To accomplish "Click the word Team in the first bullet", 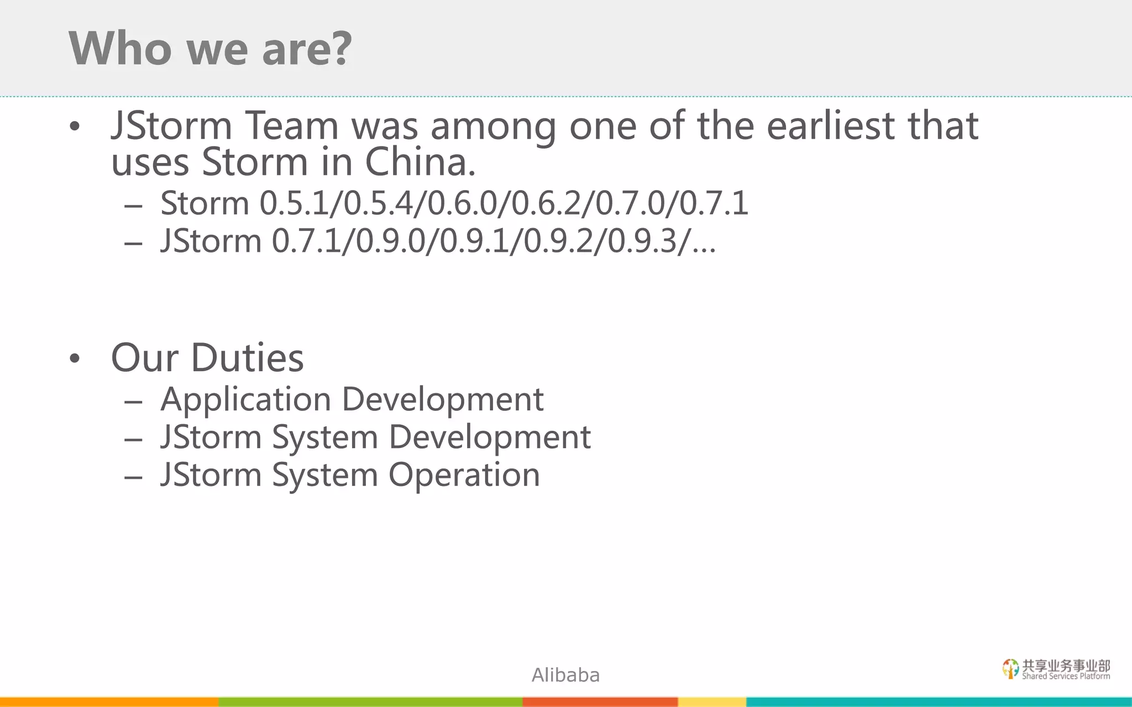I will click(291, 126).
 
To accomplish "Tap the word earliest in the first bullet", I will click(831, 126).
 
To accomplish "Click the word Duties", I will click(247, 358).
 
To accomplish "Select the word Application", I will click(245, 400).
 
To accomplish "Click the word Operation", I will click(464, 475).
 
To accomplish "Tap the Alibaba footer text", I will click(565, 675).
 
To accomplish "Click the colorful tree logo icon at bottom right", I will click(1010, 668).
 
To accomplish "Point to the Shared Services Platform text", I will click(1066, 676).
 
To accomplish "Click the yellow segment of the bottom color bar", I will click(712, 702).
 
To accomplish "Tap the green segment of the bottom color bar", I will click(370, 702).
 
